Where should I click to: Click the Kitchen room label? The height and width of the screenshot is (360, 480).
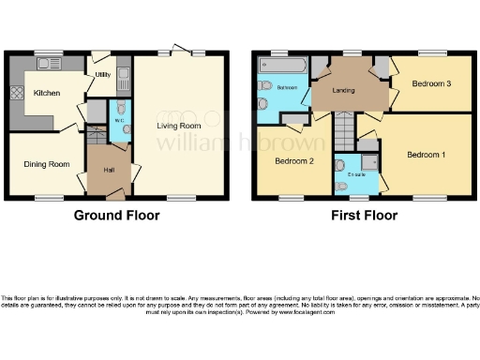point(46,94)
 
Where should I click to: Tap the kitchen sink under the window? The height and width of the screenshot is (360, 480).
point(48,65)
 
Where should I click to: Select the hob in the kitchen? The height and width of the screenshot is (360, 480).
point(16,94)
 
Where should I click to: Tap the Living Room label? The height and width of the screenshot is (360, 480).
point(178,125)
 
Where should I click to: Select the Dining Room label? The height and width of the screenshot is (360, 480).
point(47,165)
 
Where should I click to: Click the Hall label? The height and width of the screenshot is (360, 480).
point(108,171)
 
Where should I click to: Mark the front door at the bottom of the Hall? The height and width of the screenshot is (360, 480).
point(115,197)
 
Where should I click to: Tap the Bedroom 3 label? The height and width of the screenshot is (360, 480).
point(431,84)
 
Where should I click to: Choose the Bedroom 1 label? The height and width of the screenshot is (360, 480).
point(426,154)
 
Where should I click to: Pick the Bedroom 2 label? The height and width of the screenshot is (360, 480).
point(293,160)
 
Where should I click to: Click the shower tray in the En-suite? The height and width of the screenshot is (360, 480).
point(367,163)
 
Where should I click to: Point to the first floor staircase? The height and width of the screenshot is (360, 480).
point(344,127)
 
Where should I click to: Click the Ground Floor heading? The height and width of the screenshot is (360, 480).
point(116,216)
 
